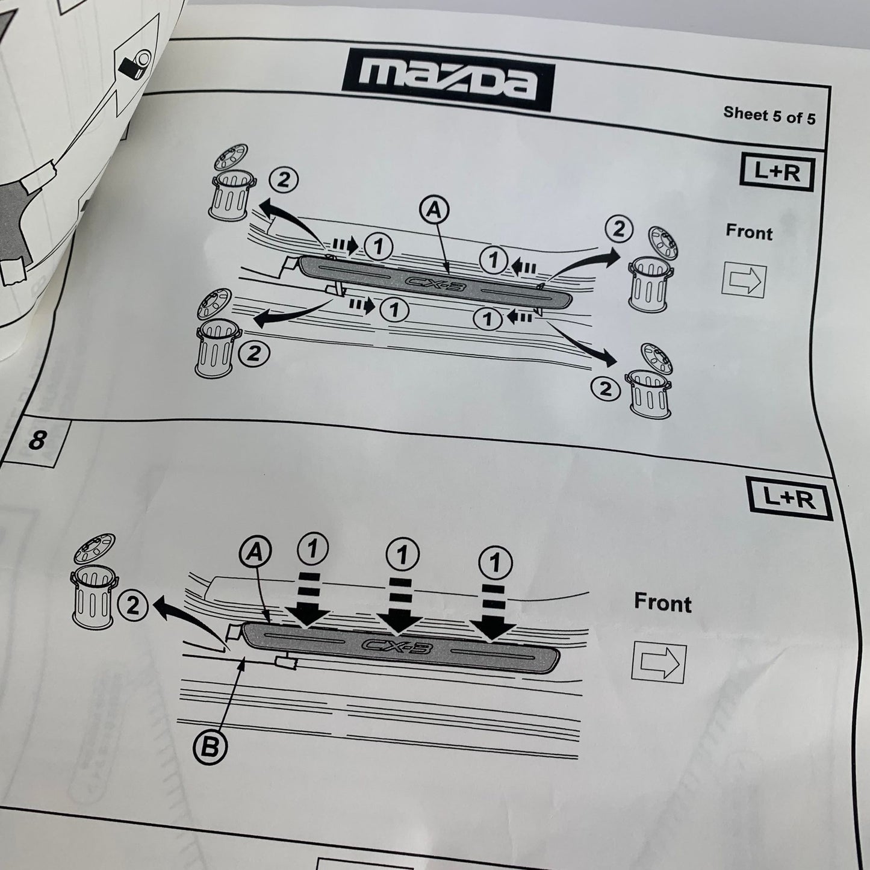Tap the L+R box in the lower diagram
789,499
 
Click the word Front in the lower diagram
662,603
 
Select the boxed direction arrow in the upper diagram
744,280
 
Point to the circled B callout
210,748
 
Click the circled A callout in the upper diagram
435,210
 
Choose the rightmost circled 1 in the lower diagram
495,562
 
